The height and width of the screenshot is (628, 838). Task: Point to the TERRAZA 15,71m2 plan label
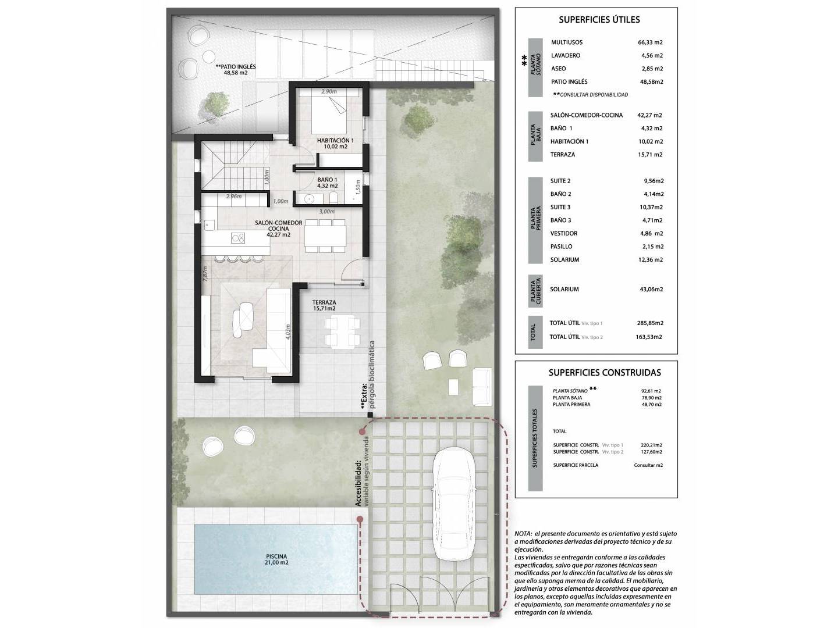[324, 305]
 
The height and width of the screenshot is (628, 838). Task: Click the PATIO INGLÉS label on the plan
[236, 69]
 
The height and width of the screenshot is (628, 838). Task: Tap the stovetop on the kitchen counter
[238, 238]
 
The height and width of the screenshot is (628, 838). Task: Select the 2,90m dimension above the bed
[329, 91]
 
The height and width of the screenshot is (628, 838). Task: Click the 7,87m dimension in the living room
[205, 273]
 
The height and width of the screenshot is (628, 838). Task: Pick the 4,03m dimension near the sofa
[288, 331]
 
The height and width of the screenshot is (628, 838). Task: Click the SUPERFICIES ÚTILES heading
[599, 20]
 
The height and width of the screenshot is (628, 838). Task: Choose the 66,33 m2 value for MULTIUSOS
[650, 42]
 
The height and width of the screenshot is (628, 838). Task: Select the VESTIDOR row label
[563, 233]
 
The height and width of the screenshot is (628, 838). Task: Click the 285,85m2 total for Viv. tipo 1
[650, 323]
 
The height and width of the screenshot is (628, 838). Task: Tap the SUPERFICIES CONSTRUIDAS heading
[605, 373]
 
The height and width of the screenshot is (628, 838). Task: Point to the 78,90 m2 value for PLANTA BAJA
[651, 398]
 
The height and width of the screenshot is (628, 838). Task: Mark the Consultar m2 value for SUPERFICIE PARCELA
[648, 465]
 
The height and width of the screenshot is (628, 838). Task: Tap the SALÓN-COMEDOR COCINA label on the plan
[278, 229]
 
